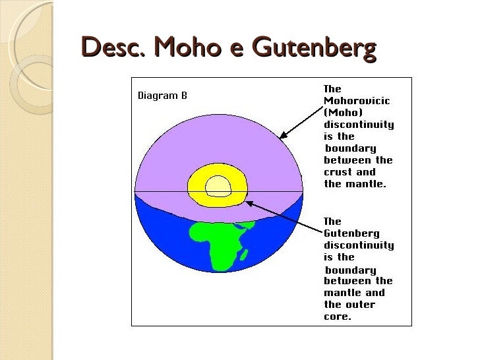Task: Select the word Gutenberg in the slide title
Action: click(315, 48)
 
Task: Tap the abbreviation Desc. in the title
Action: click(113, 48)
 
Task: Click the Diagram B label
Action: click(162, 96)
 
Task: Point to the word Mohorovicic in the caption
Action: click(357, 100)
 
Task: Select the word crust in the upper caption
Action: click(338, 172)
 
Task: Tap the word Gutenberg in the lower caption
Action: click(351, 233)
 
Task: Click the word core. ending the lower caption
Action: click(338, 316)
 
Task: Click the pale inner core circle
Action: click(218, 187)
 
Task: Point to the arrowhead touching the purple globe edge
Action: click(282, 137)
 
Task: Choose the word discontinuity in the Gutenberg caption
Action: click(359, 245)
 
